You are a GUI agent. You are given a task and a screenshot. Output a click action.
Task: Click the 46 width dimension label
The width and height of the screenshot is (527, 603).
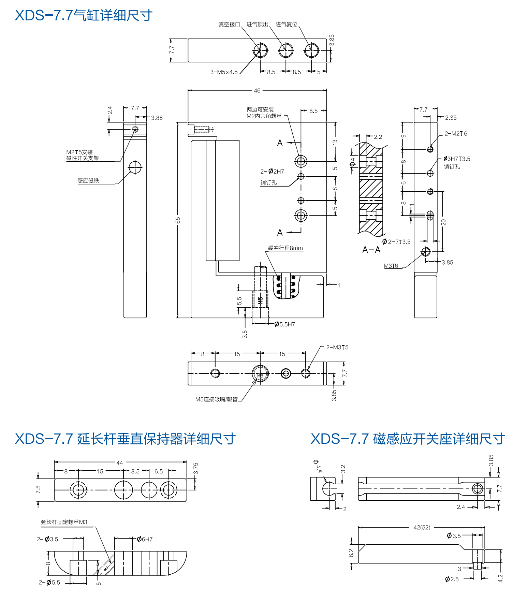click(x=257, y=91)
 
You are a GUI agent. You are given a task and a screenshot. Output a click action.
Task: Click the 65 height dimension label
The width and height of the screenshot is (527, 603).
click(x=178, y=220)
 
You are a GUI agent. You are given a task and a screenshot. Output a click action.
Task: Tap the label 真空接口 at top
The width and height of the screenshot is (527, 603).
click(x=229, y=25)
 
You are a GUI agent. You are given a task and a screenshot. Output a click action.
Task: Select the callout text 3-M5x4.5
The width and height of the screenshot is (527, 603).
click(x=224, y=72)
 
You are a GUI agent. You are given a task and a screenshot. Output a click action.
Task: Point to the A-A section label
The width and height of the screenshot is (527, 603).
click(x=371, y=250)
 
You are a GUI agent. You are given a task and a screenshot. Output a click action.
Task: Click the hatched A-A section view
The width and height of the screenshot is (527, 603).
click(x=371, y=189)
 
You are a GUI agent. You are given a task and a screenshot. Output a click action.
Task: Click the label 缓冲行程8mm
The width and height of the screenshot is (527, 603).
click(x=285, y=248)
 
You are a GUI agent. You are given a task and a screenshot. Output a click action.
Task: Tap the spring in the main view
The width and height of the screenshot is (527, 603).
click(x=286, y=286)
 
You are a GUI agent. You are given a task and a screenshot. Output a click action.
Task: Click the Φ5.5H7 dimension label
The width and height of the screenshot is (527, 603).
click(x=285, y=324)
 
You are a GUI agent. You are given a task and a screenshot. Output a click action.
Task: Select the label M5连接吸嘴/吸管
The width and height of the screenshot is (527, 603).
click(x=216, y=399)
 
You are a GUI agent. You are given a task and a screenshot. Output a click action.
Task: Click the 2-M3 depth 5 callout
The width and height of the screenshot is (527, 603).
click(x=337, y=348)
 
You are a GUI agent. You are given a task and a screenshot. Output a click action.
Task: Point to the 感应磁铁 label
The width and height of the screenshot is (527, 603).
click(x=88, y=181)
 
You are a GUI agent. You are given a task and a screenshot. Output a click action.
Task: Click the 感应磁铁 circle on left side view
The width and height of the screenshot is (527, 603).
click(x=135, y=167)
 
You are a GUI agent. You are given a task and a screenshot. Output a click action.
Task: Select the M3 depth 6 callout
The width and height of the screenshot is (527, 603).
click(x=391, y=266)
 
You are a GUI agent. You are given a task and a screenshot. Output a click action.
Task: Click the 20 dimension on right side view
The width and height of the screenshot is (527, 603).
click(x=443, y=222)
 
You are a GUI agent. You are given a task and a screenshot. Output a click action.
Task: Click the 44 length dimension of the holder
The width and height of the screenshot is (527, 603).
click(x=119, y=463)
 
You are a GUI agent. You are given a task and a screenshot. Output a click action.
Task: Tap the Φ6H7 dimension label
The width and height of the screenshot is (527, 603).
click(x=145, y=539)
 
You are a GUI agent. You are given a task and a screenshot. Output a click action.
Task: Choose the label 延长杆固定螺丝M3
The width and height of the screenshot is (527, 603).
click(x=64, y=522)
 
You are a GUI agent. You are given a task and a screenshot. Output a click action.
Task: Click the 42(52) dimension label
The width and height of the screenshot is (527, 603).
click(x=422, y=528)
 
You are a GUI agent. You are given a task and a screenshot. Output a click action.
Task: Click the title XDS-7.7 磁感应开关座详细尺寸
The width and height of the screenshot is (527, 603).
click(x=408, y=439)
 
